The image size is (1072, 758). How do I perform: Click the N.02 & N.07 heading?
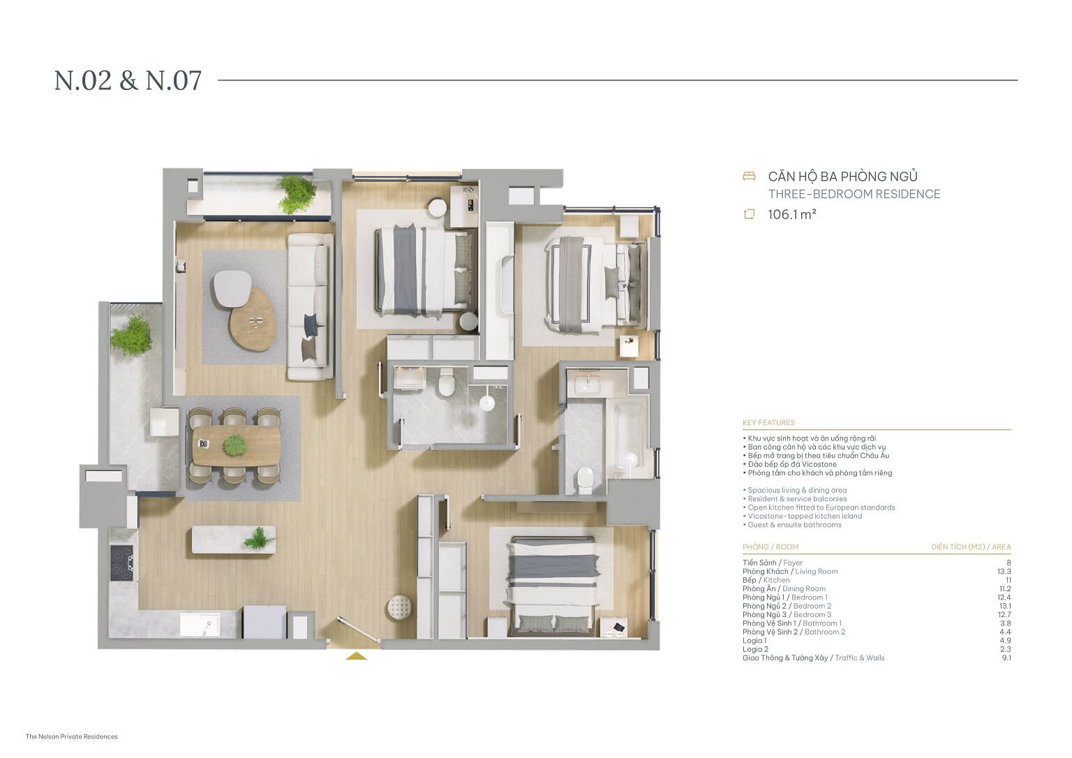click(x=128, y=80)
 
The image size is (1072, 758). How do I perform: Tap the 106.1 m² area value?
click(x=791, y=214)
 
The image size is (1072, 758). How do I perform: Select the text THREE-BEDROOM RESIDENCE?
click(x=854, y=194)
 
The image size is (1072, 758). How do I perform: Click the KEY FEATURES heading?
click(x=768, y=422)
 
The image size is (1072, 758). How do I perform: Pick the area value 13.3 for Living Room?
click(x=1004, y=571)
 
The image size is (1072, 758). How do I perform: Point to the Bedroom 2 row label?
click(x=787, y=606)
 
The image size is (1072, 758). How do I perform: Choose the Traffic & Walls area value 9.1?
click(x=1006, y=657)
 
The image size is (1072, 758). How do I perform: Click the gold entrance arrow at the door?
click(x=357, y=655)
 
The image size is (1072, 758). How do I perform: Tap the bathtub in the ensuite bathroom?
click(x=630, y=433)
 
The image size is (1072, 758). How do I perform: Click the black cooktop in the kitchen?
click(x=124, y=562)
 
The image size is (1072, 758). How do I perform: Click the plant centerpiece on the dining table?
click(x=234, y=444)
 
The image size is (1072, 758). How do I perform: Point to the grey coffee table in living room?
click(x=232, y=288)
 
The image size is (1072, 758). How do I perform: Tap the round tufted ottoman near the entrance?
click(x=400, y=607)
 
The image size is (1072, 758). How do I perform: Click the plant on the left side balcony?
click(x=131, y=335)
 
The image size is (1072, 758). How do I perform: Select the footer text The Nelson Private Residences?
click(x=72, y=736)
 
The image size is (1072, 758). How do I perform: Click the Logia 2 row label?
click(x=755, y=649)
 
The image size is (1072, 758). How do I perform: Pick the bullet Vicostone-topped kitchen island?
click(x=804, y=516)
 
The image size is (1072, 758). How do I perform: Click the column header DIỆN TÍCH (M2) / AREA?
click(x=970, y=547)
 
